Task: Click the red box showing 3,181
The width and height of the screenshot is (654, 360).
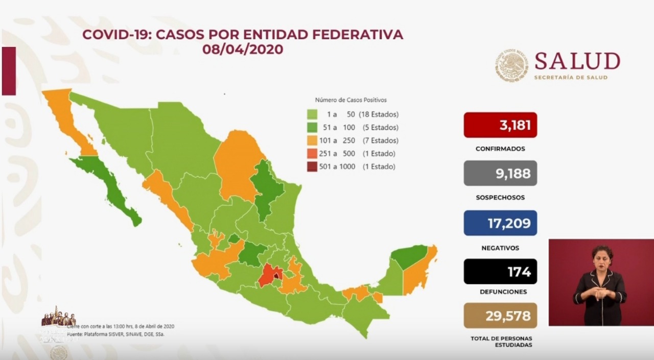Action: pyautogui.click(x=500, y=125)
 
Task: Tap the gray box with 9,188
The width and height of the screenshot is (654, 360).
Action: pyautogui.click(x=500, y=173)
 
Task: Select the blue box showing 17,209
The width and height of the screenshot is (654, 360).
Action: pyautogui.click(x=500, y=223)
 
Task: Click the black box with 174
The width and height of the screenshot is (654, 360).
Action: pyautogui.click(x=500, y=272)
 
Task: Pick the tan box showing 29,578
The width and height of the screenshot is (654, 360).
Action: pyautogui.click(x=500, y=316)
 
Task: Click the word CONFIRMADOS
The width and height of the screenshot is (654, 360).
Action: pyautogui.click(x=500, y=149)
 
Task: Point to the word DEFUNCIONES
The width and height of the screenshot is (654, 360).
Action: pyautogui.click(x=500, y=292)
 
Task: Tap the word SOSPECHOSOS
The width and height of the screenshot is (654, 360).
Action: pyautogui.click(x=500, y=198)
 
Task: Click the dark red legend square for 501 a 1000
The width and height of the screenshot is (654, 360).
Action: pyautogui.click(x=312, y=166)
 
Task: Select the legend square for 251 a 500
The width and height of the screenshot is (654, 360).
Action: pyautogui.click(x=312, y=153)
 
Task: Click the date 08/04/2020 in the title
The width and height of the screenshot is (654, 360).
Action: pyautogui.click(x=242, y=50)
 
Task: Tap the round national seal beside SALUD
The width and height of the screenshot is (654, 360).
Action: pyautogui.click(x=511, y=66)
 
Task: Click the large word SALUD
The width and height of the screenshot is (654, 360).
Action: pyautogui.click(x=577, y=61)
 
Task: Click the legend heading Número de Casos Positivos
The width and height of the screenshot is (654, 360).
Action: pyautogui.click(x=351, y=100)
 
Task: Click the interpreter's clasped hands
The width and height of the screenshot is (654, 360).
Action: pyautogui.click(x=598, y=294)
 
